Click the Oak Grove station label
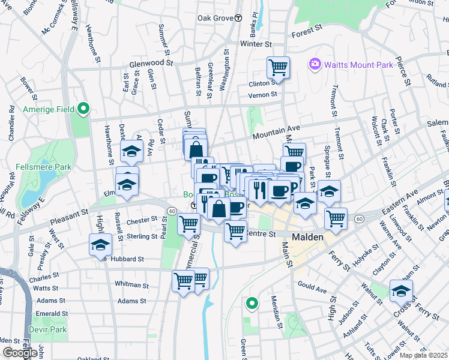click(x=214, y=18)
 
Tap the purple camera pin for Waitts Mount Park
click(x=314, y=64)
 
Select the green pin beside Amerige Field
click(x=83, y=109)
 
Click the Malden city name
click(x=308, y=238)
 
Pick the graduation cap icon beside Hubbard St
click(x=100, y=245)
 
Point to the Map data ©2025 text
click(x=423, y=355)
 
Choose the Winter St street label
click(x=256, y=44)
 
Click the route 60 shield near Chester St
click(x=172, y=211)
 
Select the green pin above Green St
click(x=252, y=304)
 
